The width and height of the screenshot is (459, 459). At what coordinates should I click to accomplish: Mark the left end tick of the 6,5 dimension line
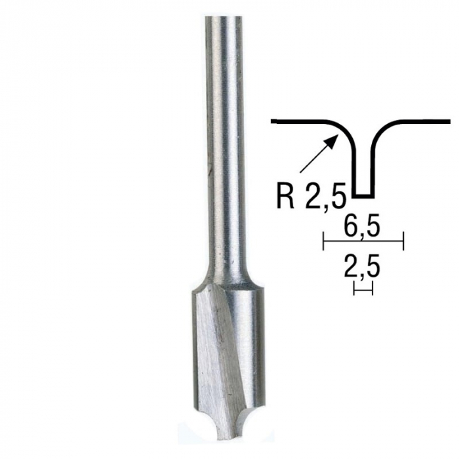coord(324,242)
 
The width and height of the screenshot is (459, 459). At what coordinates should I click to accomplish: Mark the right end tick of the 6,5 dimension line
coord(403,242)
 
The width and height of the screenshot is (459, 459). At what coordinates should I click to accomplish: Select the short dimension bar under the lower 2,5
coord(363,288)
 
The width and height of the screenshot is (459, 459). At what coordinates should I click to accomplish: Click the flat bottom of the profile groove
coord(363,195)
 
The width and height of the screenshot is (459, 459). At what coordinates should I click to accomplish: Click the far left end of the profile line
coord(273,121)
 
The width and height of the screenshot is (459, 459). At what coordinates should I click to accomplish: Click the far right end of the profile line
coord(449,121)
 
